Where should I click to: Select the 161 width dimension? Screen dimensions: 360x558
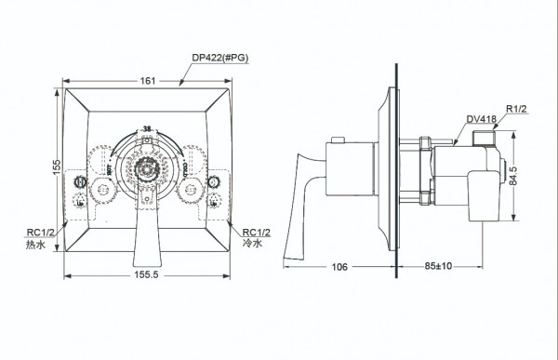click(x=146, y=81)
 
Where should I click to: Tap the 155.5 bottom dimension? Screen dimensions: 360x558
click(x=146, y=278)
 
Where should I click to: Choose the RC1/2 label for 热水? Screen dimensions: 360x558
click(x=41, y=233)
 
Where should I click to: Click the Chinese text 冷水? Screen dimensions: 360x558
click(x=254, y=246)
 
